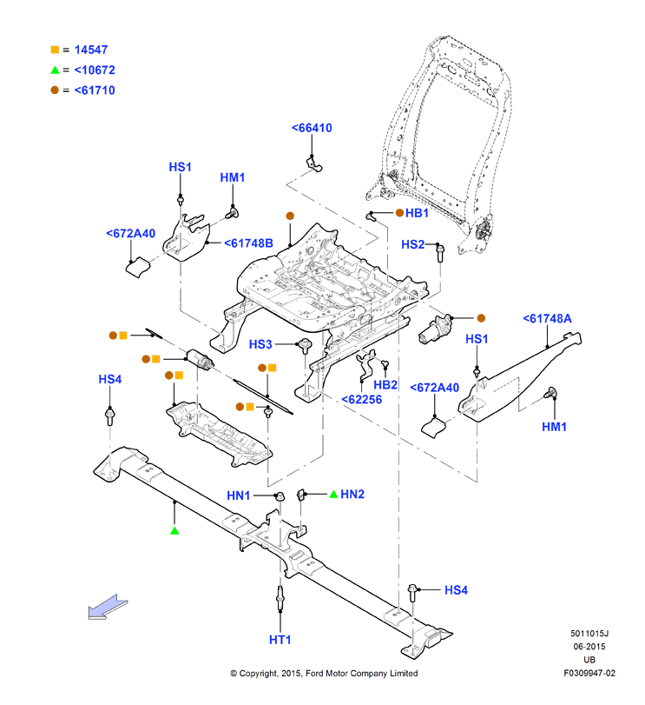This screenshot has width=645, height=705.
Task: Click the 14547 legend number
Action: click(x=91, y=50)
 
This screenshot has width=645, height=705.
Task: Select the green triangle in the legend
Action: click(x=55, y=70)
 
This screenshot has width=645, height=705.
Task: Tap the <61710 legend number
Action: click(x=95, y=90)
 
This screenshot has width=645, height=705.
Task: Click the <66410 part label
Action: click(x=312, y=128)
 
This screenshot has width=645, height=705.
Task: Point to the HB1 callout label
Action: click(x=417, y=213)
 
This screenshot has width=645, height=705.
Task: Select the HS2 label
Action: click(x=413, y=244)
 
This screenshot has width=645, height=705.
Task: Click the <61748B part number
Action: click(x=248, y=243)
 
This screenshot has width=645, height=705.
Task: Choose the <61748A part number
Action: click(x=547, y=319)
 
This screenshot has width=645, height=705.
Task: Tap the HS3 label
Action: click(x=260, y=344)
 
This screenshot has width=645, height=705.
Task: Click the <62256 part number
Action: click(x=362, y=400)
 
